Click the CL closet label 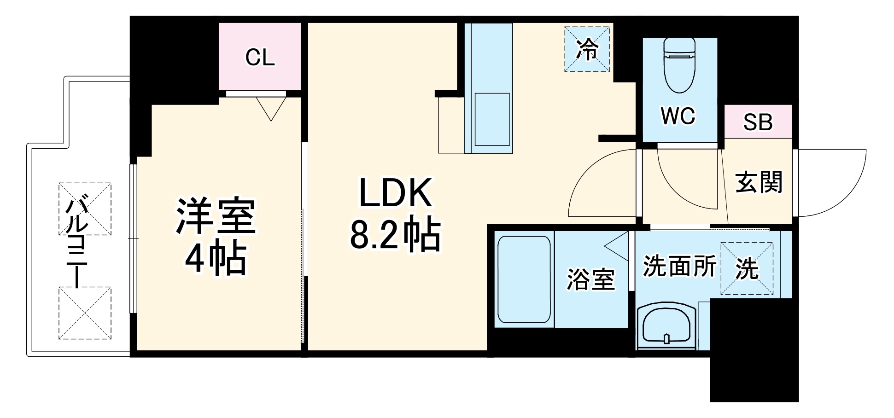[260, 58]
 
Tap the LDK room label [396, 192]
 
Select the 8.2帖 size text [396, 235]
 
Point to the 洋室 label [215, 217]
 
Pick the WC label [678, 116]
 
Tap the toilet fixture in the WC [679, 65]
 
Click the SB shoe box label [758, 122]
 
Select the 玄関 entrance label [759, 182]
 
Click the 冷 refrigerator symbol [587, 49]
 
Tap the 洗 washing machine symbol [747, 268]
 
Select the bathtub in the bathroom [524, 281]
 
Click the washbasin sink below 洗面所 [666, 326]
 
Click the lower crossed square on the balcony [85, 313]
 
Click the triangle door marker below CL [271, 108]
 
